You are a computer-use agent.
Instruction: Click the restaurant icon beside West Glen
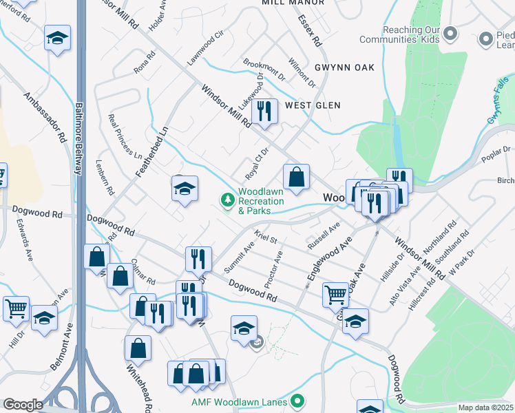click(264, 112)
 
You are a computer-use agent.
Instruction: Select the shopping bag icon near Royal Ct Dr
click(296, 177)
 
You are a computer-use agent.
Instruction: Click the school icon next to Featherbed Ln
click(185, 189)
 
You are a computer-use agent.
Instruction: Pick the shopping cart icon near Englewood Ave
click(335, 294)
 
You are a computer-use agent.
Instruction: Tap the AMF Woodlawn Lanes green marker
click(297, 400)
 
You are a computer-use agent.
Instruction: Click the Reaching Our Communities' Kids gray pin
click(450, 32)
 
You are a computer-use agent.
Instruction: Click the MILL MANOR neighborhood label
click(293, 3)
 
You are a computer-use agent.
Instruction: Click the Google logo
click(23, 405)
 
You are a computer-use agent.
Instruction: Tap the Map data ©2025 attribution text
click(485, 407)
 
